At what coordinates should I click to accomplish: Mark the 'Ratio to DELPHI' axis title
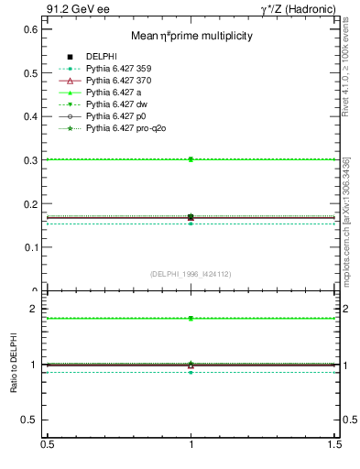click(x=13, y=365)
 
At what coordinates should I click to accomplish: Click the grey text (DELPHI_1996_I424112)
click(x=191, y=273)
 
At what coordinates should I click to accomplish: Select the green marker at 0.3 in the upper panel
click(x=191, y=159)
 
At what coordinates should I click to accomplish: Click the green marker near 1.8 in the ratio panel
click(x=191, y=318)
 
